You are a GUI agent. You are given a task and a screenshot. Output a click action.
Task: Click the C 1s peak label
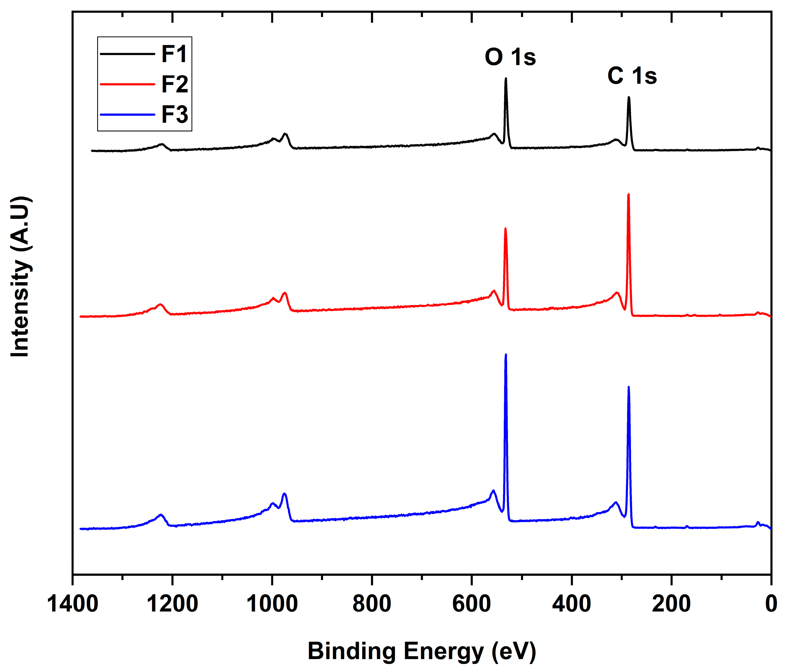coord(632,76)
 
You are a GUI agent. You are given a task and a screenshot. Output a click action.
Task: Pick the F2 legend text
coord(174,84)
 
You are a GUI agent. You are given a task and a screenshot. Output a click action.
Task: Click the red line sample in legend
coord(127,84)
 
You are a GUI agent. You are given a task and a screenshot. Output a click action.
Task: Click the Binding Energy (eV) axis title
coord(422,651)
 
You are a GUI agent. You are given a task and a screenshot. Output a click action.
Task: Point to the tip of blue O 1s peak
coord(506,355)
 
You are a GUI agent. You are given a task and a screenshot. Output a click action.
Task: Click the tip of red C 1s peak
coord(629,194)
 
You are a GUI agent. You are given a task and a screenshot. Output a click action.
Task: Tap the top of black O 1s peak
coord(506,78)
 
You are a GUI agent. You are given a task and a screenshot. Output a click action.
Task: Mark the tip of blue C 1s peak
coord(629,387)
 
